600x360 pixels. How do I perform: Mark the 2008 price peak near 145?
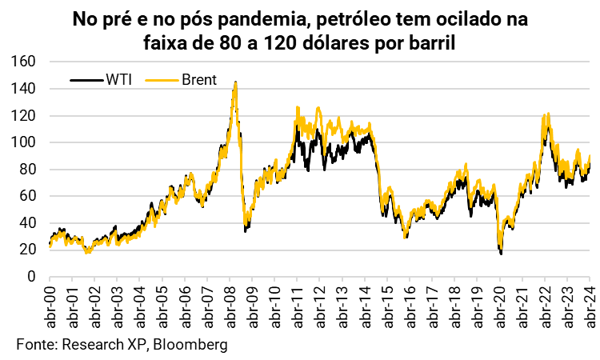pos(234,82)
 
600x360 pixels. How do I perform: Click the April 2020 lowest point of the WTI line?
pos(501,254)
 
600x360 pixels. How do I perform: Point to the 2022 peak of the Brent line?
pos(546,114)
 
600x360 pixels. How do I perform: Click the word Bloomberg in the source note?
pos(191,344)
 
